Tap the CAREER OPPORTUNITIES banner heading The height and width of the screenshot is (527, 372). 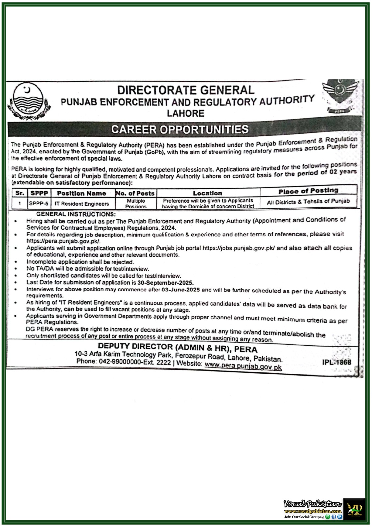[180, 129]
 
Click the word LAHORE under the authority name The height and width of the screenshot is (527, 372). [186, 113]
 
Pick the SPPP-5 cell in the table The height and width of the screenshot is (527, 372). [38, 204]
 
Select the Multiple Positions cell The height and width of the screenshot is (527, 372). [136, 204]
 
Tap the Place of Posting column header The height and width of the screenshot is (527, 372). [308, 191]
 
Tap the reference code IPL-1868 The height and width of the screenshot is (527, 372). [336, 362]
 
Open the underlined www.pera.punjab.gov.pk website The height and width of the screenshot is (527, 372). [243, 365]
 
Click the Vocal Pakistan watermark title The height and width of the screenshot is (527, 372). [313, 504]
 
